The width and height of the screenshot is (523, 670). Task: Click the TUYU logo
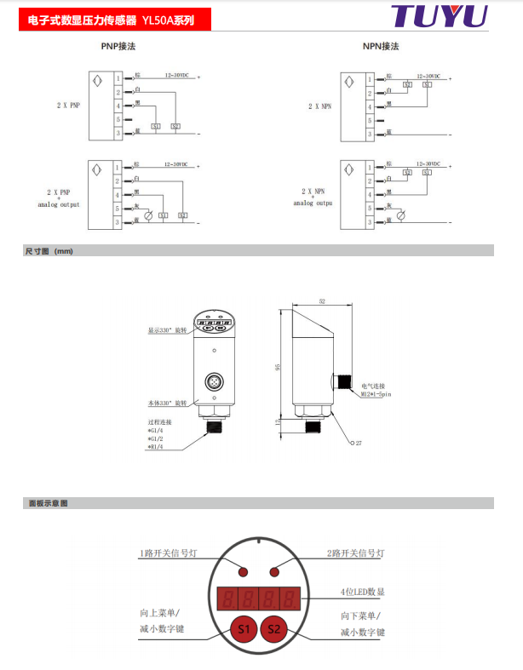point(440,16)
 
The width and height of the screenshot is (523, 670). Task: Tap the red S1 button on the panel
point(244,629)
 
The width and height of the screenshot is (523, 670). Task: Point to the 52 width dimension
point(322,301)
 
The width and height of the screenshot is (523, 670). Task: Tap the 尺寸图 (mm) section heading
point(49,251)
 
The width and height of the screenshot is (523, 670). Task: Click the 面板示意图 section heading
point(47,503)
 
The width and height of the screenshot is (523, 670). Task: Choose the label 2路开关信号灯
point(356,553)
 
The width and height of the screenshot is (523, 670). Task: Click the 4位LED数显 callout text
point(363,592)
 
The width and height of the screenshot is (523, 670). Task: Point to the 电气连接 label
point(373,386)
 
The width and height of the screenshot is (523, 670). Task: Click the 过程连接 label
point(159,422)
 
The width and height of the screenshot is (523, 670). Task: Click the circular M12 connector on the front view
point(215,381)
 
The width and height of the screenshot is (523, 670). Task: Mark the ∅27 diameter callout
point(357,444)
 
